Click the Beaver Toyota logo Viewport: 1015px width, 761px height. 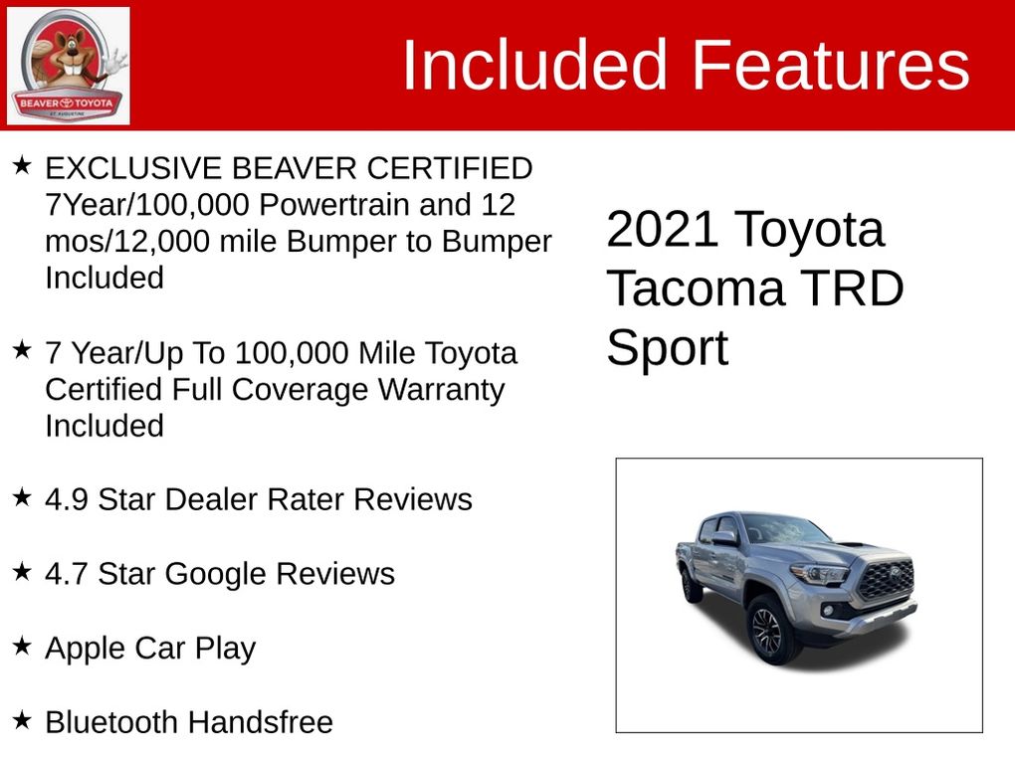pos(68,66)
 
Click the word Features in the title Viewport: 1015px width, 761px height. pos(831,65)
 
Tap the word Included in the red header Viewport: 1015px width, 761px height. pos(534,65)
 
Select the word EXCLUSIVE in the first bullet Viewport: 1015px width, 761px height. pos(133,168)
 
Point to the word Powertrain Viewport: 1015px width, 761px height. pos(333,205)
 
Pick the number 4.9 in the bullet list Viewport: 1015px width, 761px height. pos(67,499)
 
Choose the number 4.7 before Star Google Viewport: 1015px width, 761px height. pos(67,574)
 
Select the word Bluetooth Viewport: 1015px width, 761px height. pos(111,722)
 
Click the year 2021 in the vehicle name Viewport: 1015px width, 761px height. pos(662,229)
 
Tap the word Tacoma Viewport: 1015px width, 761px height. pos(696,288)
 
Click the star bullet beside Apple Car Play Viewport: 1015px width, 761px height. pos(22,646)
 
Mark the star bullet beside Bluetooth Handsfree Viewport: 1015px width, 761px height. pos(22,719)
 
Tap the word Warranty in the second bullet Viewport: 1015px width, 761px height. pos(441,390)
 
